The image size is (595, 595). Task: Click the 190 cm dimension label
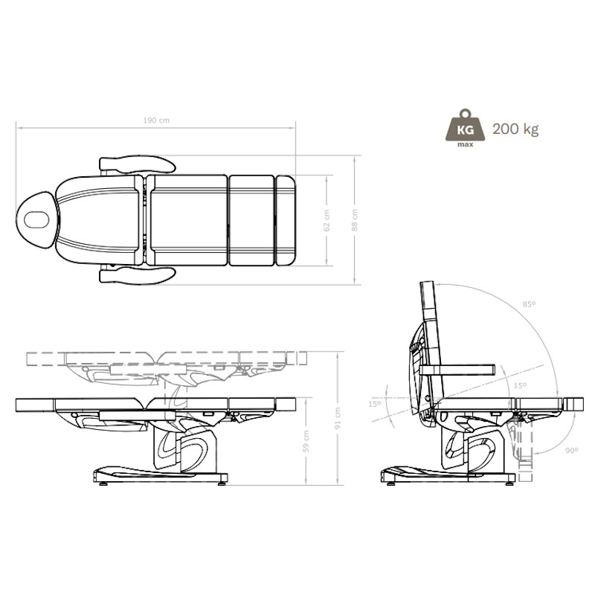pos(155,120)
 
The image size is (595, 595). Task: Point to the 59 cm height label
pos(306,443)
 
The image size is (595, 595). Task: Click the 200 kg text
pos(515,129)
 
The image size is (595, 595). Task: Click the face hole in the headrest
pos(35,219)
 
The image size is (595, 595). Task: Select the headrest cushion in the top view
pos(37,219)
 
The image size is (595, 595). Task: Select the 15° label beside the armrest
pos(519,385)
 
